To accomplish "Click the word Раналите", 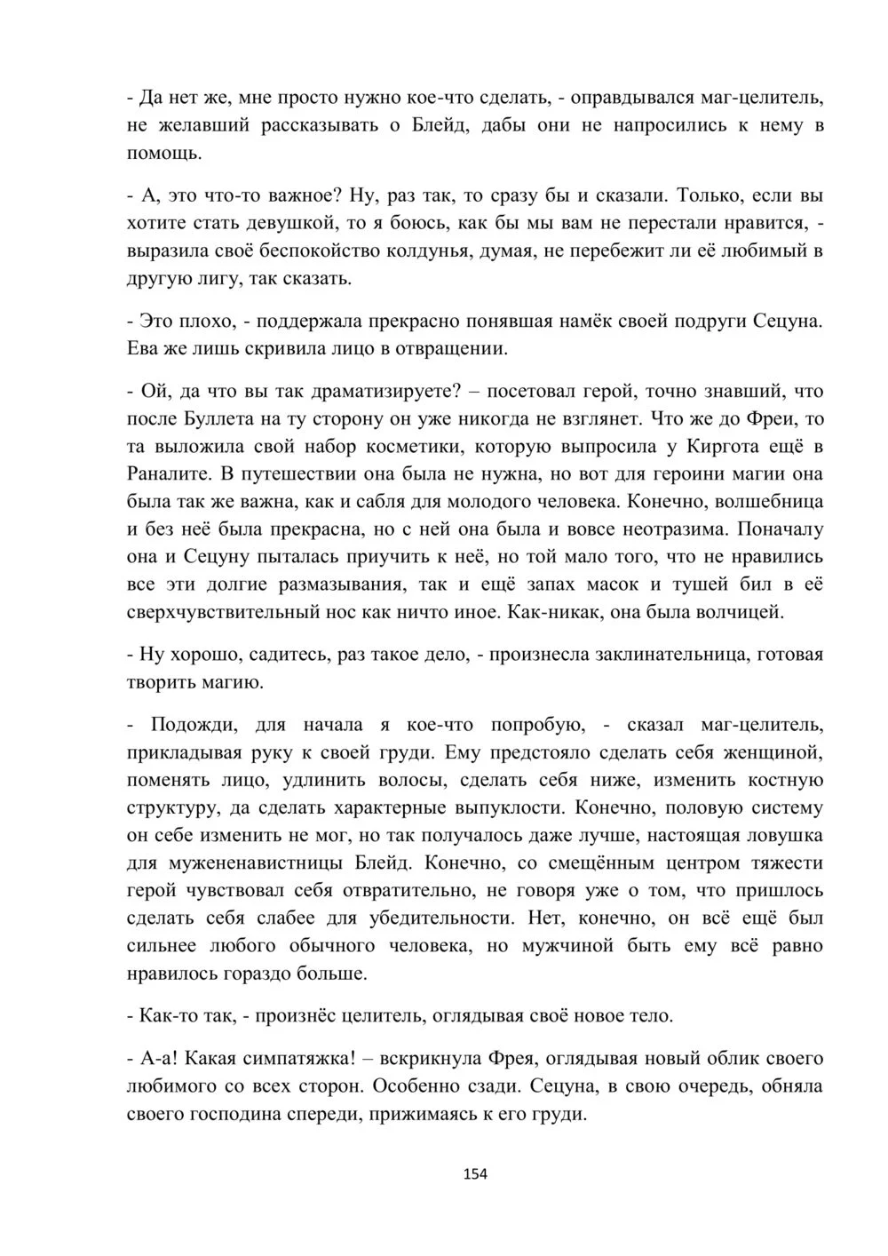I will click(169, 473).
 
